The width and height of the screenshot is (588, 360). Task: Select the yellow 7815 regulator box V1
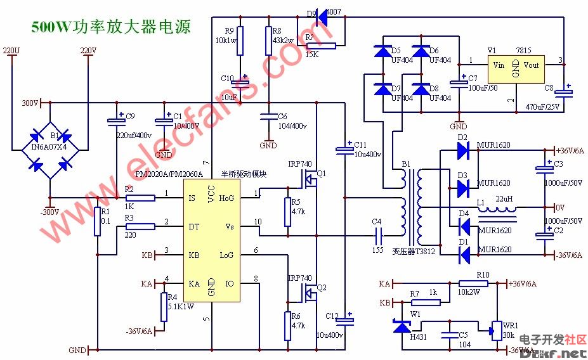[516, 70]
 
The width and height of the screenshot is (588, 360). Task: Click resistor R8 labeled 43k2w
[268, 42]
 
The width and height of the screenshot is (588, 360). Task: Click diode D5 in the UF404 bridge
[382, 51]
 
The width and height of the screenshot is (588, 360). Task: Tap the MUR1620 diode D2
[462, 150]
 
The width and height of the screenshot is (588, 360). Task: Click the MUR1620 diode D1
[462, 254]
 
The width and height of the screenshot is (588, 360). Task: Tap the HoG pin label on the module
[227, 198]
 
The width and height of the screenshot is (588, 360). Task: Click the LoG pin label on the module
[227, 255]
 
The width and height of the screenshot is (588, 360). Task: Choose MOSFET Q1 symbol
[310, 181]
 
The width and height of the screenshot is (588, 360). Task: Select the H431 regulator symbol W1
[401, 327]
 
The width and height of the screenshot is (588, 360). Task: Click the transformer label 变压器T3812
[414, 251]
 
